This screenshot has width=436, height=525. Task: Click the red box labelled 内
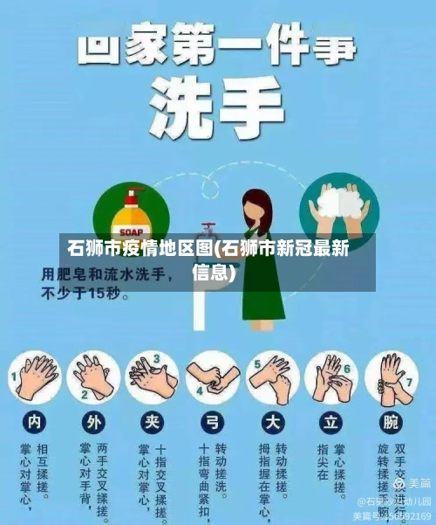pos(33,422)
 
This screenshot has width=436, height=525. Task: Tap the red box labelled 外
pos(93,422)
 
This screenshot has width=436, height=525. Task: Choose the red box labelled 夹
pos(153,422)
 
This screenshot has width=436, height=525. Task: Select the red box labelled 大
pos(273,422)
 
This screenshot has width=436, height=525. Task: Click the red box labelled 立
pos(331,422)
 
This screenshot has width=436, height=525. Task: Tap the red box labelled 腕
pos(392,422)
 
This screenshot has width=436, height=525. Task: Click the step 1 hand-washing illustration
pos(37,378)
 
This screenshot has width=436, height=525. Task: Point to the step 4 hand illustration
pos(213,378)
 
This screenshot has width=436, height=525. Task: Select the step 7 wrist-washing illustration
pos(392,378)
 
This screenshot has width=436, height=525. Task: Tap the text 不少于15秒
pos(87,294)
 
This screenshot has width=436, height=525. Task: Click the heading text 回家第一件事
pos(218,45)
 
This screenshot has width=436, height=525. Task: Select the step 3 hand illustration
pos(153,378)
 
